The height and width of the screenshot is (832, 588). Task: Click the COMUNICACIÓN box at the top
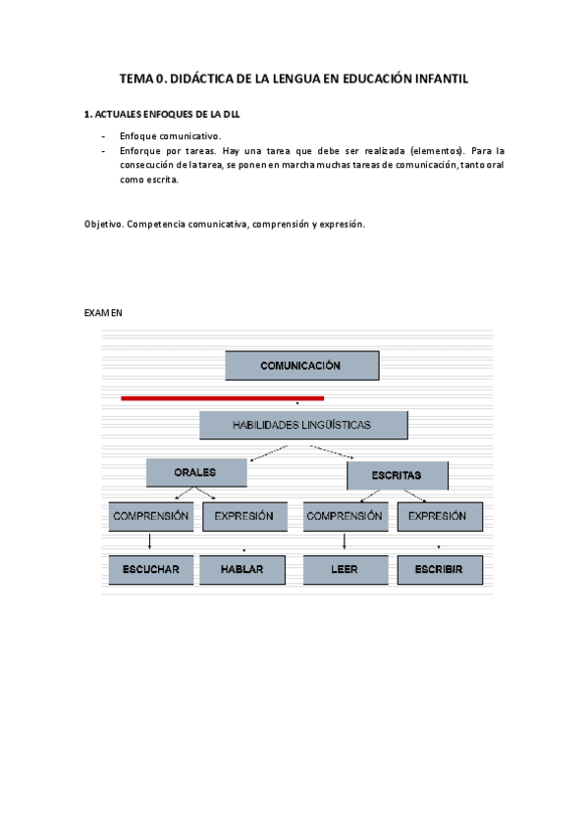coord(300,365)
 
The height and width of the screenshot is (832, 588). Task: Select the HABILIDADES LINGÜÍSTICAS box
coord(302,425)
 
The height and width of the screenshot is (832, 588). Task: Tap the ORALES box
coord(195,472)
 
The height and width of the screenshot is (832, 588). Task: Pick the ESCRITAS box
coord(397,475)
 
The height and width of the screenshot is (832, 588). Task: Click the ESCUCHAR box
coord(150,569)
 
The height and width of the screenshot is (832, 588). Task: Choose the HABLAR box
coord(242,569)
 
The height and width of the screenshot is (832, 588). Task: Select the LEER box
coord(345,569)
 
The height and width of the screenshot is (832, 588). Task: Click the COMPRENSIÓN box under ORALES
coord(150,516)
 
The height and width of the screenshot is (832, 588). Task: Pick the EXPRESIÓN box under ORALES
coord(243,516)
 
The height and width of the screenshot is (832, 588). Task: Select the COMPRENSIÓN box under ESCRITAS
coord(344,516)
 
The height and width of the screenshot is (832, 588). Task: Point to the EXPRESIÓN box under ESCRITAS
coord(437,516)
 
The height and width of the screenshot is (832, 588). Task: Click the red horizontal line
coord(222,398)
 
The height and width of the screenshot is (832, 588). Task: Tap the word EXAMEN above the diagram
coord(104,313)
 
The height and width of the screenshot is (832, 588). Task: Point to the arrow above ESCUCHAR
coord(149,543)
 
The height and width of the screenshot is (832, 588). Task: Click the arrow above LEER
coord(344,543)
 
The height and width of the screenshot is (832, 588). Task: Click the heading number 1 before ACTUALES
coord(89,115)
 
